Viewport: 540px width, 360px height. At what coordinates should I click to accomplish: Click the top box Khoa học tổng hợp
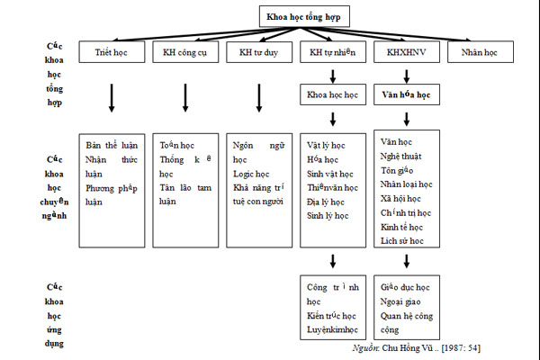coord(305,16)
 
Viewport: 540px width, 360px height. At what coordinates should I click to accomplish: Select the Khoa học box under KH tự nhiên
coord(333,94)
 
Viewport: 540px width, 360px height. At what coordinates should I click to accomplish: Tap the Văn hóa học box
coord(407,94)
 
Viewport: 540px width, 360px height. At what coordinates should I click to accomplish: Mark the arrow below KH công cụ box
coord(185,97)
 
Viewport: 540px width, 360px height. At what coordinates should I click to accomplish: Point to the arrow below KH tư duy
coord(259,97)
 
